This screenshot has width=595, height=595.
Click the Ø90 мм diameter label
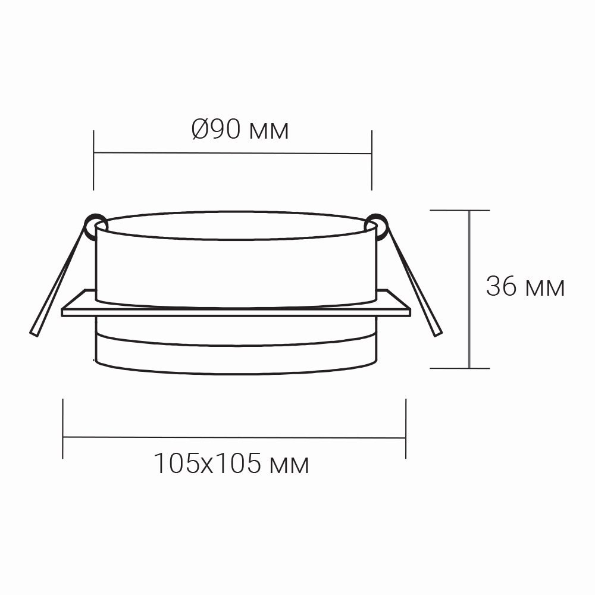point(240,129)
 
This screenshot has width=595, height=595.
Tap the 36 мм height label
point(525,286)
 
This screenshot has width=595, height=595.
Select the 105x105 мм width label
point(231,464)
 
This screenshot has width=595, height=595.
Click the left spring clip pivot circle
point(96,226)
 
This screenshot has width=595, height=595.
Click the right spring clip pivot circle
point(376,227)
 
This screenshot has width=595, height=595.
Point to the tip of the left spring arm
point(34,334)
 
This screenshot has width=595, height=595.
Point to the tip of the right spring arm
point(438,334)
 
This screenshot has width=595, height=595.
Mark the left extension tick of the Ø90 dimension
point(93,160)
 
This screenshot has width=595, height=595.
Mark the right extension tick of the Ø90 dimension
point(371,160)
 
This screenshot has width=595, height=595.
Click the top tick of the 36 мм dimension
point(460,210)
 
